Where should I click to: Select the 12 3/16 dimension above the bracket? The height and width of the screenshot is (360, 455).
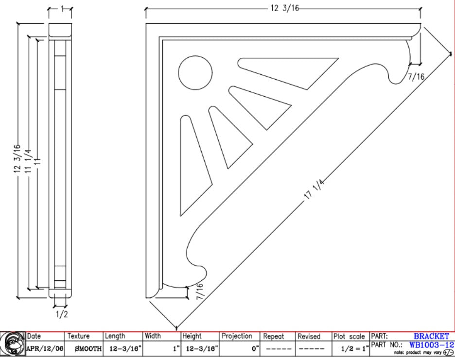[x=284, y=8]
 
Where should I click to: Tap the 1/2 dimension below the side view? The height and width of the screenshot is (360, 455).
[x=62, y=314]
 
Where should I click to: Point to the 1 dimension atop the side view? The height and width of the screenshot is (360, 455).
[x=62, y=9]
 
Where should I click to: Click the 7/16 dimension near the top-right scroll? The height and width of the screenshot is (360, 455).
[x=416, y=77]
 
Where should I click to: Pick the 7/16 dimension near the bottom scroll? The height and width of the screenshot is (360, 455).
[x=200, y=291]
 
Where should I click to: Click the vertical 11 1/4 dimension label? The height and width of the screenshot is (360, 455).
[x=28, y=161]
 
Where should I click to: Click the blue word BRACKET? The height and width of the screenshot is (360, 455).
[x=431, y=336]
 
